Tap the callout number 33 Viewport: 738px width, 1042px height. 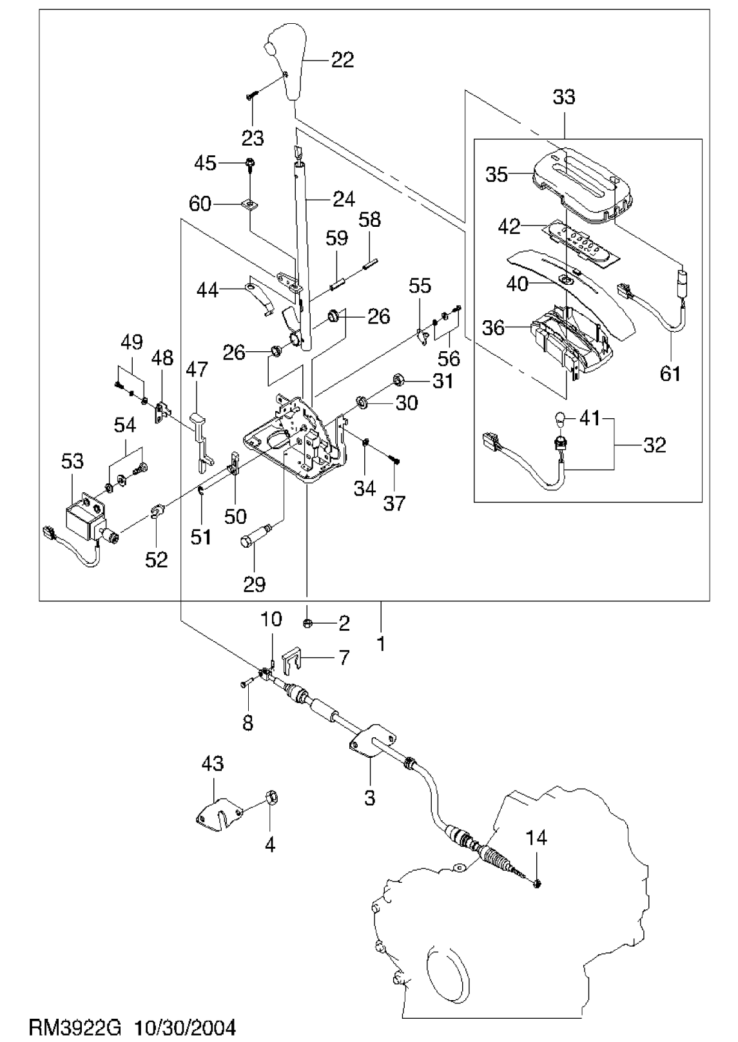pyautogui.click(x=564, y=97)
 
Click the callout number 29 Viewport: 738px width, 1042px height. pyautogui.click(x=254, y=584)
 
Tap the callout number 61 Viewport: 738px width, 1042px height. pyautogui.click(x=670, y=374)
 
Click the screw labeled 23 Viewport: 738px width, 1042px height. pyautogui.click(x=252, y=96)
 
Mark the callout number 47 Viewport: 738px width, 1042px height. pyautogui.click(x=197, y=371)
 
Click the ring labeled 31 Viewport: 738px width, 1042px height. pyautogui.click(x=398, y=380)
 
